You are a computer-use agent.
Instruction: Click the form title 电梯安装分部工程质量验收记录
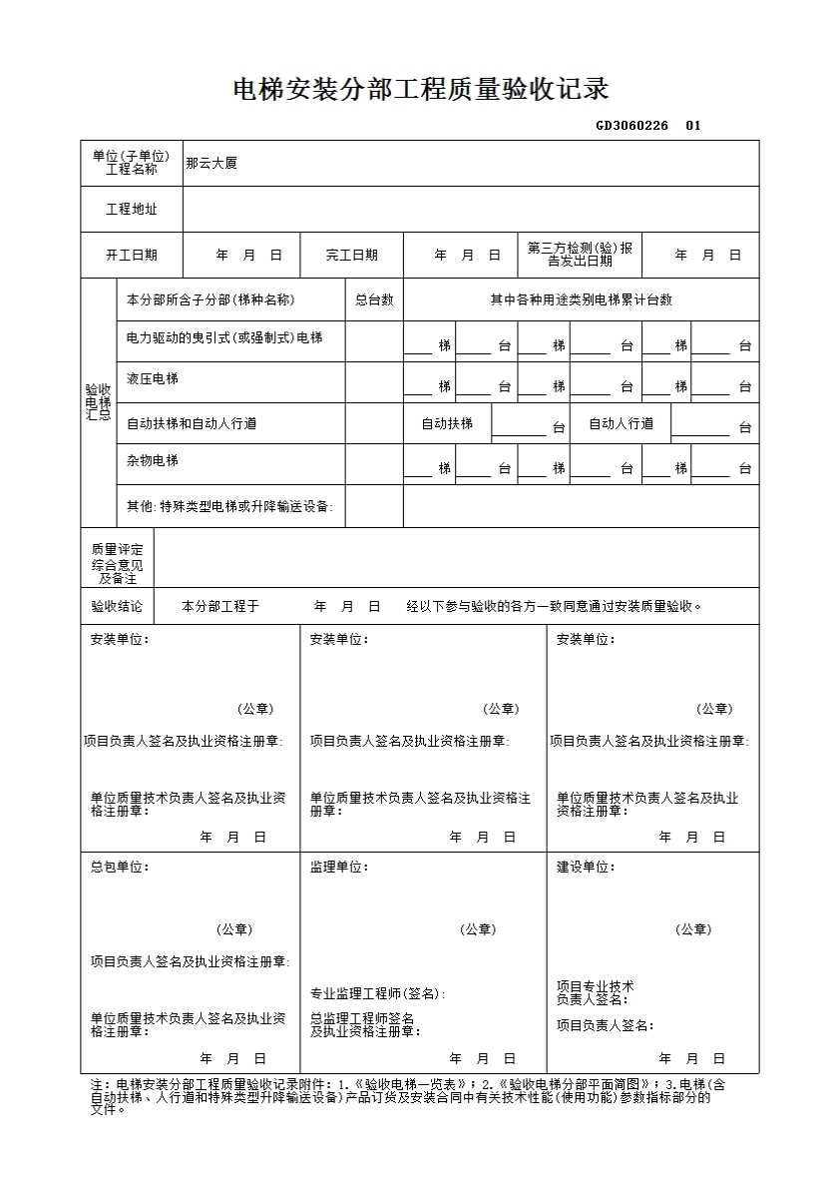(420, 90)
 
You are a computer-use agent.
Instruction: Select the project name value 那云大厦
(210, 163)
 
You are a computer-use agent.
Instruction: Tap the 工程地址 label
(131, 210)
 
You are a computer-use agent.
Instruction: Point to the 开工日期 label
(131, 255)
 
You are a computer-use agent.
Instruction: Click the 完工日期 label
(351, 255)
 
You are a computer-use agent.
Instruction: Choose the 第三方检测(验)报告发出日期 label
(580, 255)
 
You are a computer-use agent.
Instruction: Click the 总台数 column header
(374, 299)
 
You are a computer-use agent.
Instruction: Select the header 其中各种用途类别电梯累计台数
(581, 299)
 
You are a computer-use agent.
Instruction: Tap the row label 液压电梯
(153, 379)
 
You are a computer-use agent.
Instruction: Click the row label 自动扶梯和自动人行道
(192, 423)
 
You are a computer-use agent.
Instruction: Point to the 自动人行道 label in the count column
(621, 423)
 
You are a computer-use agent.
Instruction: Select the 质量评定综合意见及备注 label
(117, 564)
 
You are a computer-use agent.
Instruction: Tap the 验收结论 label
(117, 606)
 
